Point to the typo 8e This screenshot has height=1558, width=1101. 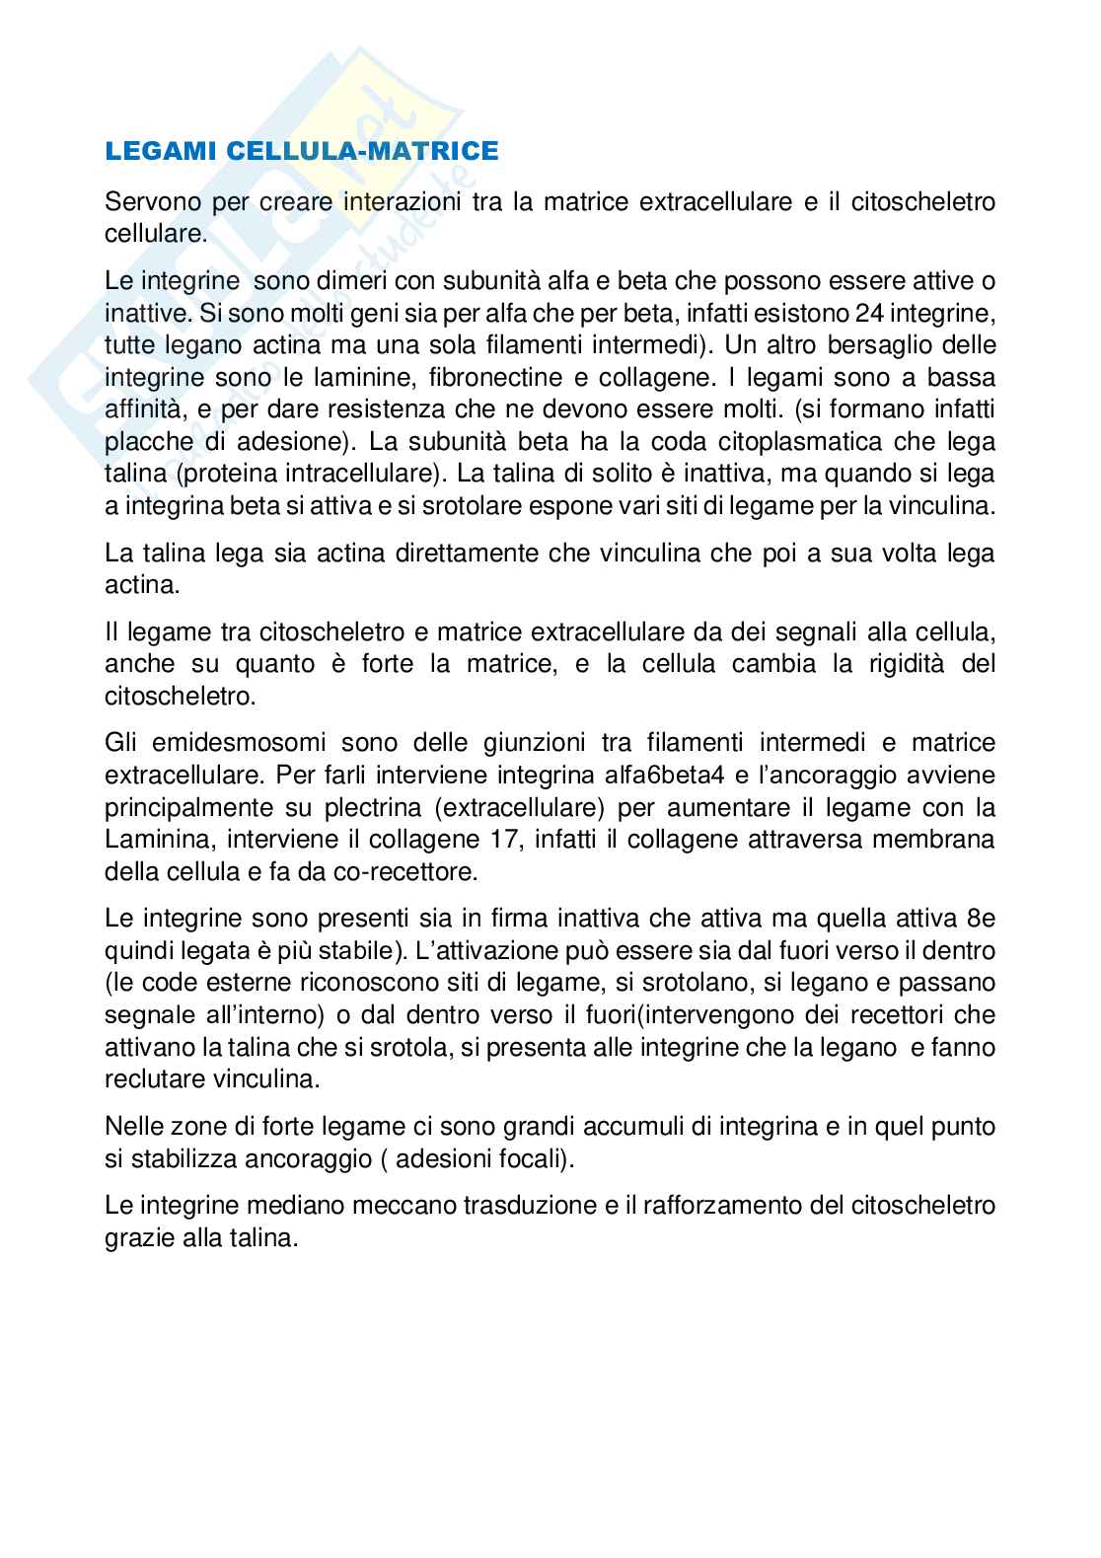981,919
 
